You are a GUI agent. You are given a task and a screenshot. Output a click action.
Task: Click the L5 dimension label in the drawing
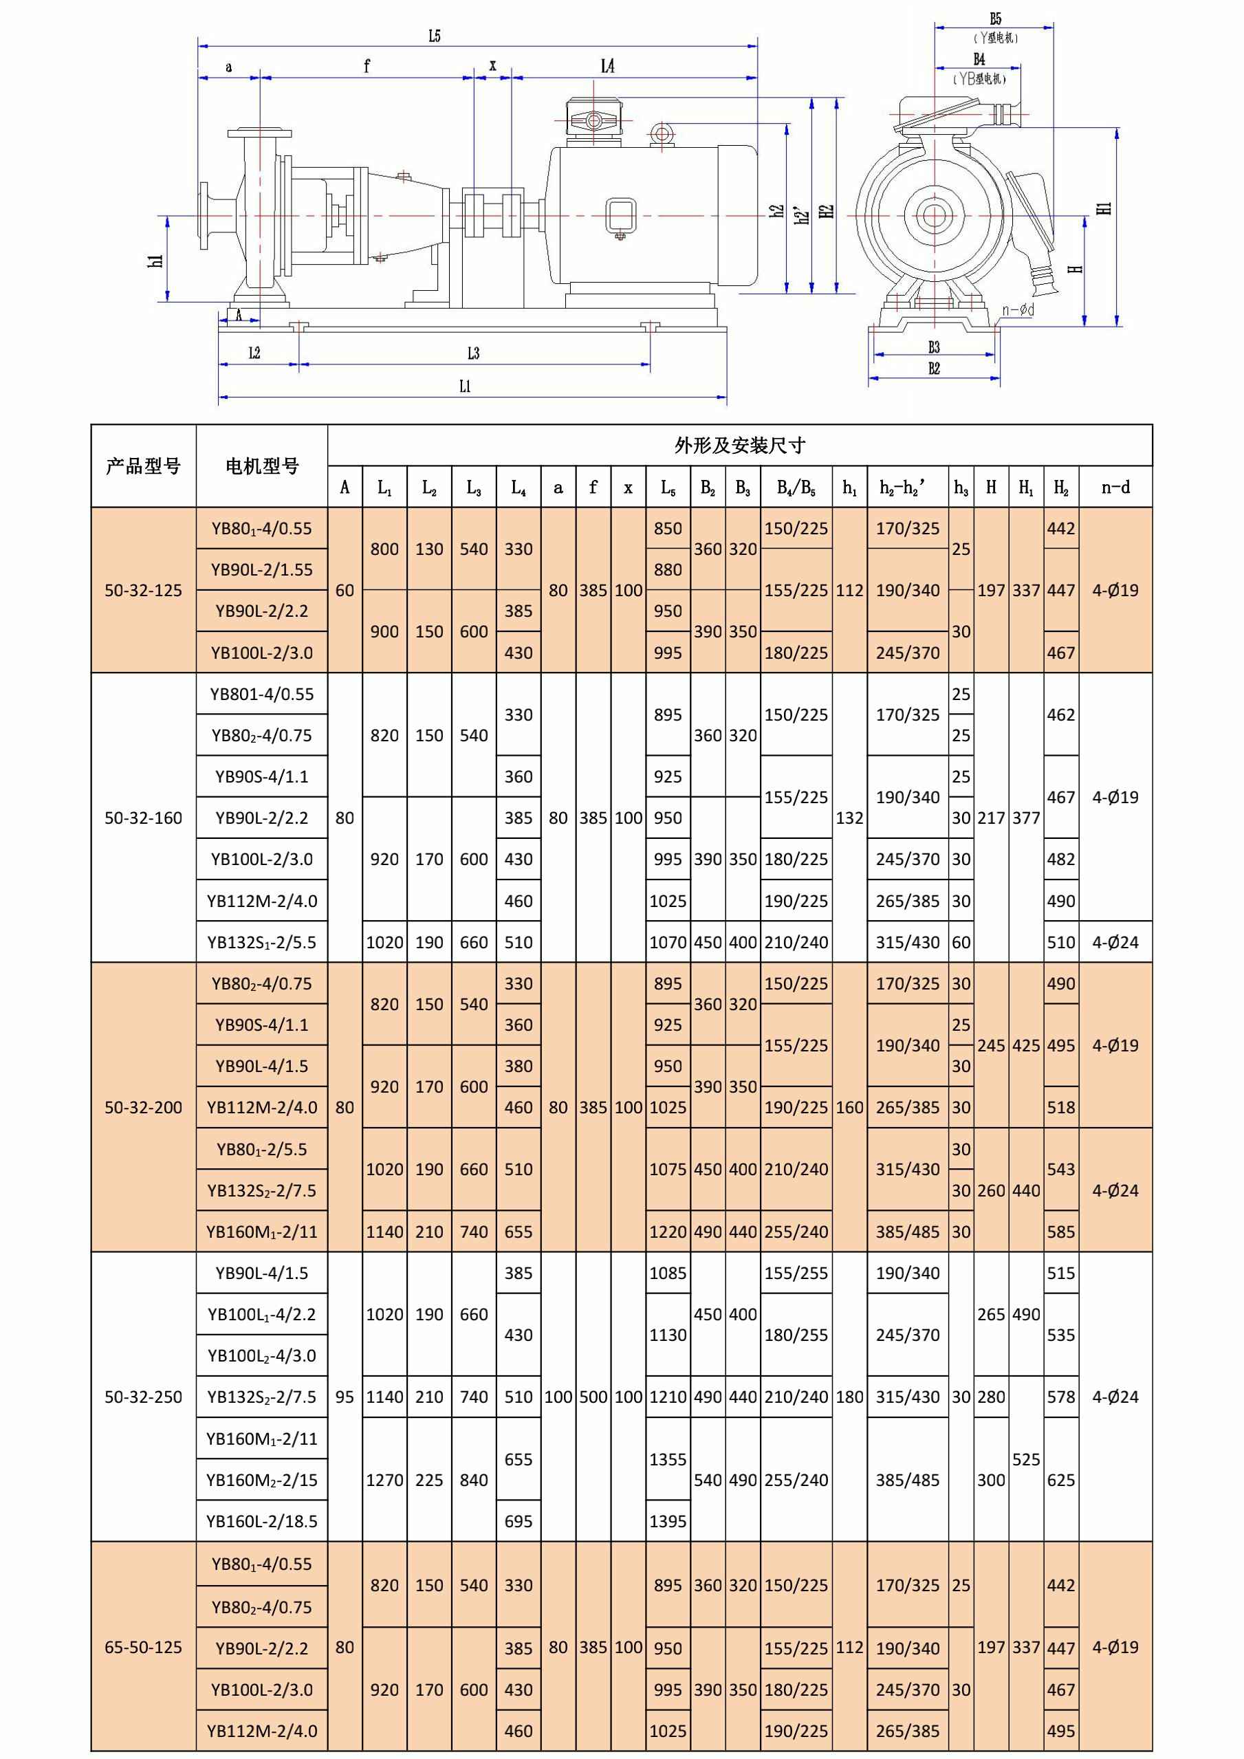pyautogui.click(x=435, y=35)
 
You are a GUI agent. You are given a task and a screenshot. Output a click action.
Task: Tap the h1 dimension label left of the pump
pyautogui.click(x=156, y=260)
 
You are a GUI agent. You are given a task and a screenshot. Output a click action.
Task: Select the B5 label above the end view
pyautogui.click(x=995, y=19)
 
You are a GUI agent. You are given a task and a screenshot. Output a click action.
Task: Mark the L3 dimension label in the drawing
pyautogui.click(x=473, y=353)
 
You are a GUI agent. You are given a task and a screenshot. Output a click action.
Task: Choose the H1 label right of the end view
pyautogui.click(x=1104, y=208)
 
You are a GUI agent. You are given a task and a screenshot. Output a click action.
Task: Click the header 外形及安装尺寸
pyautogui.click(x=739, y=445)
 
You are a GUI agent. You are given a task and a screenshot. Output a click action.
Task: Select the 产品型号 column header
pyautogui.click(x=143, y=466)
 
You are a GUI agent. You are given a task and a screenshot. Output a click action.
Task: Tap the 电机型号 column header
pyautogui.click(x=261, y=466)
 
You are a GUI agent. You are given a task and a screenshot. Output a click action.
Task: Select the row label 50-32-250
pyautogui.click(x=143, y=1397)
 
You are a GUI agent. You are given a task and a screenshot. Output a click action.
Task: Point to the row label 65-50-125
pyautogui.click(x=143, y=1646)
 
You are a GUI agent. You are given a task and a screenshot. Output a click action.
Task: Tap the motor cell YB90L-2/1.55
pyautogui.click(x=261, y=569)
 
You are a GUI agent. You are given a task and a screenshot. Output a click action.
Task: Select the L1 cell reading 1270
pyautogui.click(x=384, y=1479)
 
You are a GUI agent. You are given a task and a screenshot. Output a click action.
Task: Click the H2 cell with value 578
pyautogui.click(x=1061, y=1397)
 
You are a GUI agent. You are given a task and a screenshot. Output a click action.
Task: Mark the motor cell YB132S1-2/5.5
pyautogui.click(x=261, y=941)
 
